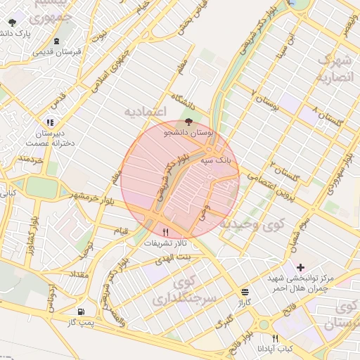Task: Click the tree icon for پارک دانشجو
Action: tap(12, 22)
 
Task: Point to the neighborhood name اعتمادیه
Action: tap(144, 112)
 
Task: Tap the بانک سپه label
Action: tap(216, 161)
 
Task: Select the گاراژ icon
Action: tap(245, 292)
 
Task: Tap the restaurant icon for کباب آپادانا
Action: tap(275, 338)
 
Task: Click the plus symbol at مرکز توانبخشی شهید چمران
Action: tap(301, 267)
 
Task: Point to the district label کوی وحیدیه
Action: tap(253, 224)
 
